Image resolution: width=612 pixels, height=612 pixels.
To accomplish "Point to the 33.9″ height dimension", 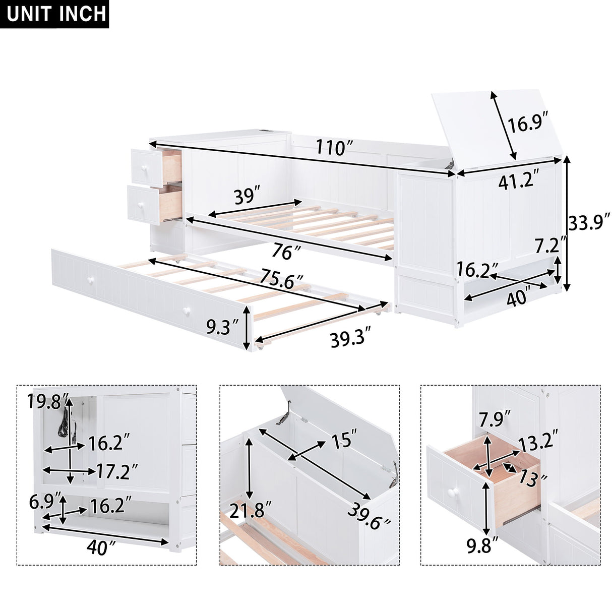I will (x=589, y=222).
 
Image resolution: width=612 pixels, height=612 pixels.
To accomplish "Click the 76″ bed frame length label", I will (x=285, y=251).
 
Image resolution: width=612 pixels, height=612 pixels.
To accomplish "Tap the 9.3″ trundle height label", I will (x=222, y=328).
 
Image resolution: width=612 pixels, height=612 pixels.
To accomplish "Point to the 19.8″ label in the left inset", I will (x=49, y=402).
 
